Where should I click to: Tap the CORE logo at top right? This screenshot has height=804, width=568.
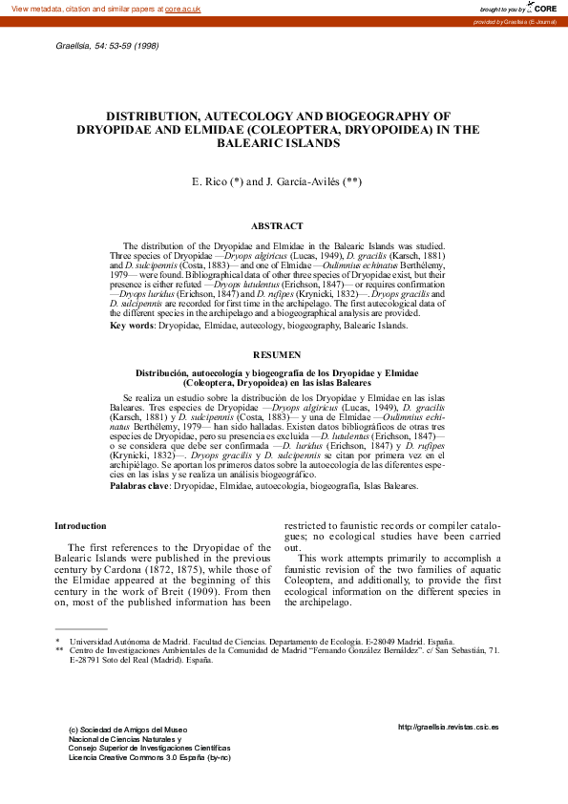544,8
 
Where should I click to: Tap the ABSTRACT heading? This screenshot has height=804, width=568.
277,226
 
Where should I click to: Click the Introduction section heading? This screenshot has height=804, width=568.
80,526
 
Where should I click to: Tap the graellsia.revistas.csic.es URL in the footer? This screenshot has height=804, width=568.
448,727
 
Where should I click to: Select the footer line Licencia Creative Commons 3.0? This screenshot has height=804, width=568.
150,757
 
